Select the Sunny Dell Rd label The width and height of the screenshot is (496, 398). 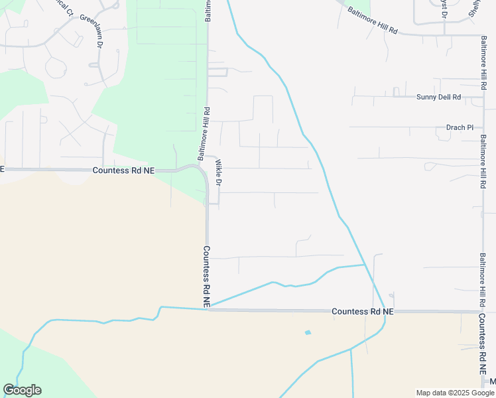click(x=438, y=97)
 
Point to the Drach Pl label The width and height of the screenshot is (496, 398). click(x=460, y=127)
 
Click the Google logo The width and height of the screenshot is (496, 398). click(x=22, y=390)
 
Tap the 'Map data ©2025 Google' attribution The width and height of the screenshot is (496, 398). click(x=455, y=393)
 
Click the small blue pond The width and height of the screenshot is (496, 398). click(x=307, y=332)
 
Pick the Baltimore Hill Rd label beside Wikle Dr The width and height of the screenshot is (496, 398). click(x=203, y=133)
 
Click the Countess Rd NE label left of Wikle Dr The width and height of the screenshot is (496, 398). click(x=123, y=170)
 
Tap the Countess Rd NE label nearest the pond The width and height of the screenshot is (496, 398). click(x=362, y=311)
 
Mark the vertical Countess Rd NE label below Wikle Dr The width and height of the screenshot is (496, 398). click(x=207, y=276)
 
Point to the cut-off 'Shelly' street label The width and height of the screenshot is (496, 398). click(x=473, y=8)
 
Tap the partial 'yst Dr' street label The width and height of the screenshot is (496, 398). click(x=443, y=8)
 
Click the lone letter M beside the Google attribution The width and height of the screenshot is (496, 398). click(x=493, y=381)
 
